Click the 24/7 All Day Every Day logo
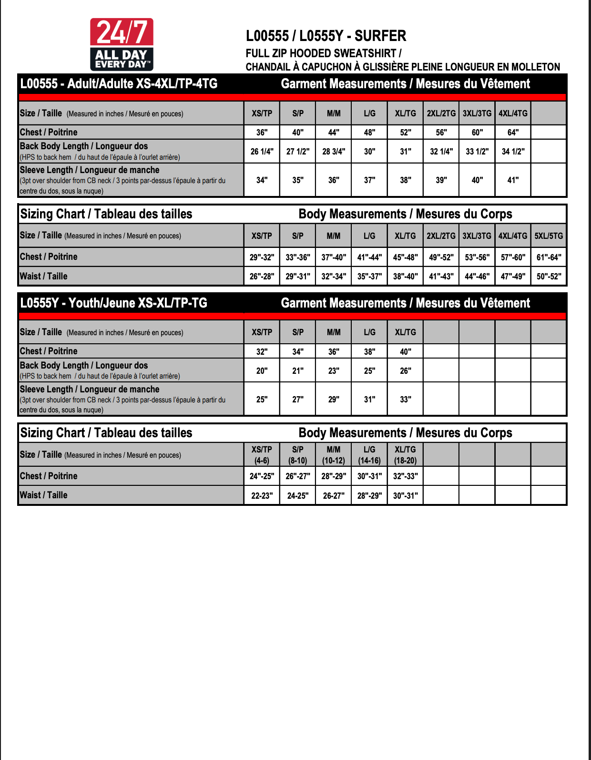(x=122, y=44)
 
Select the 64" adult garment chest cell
(x=513, y=132)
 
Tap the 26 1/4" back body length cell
(x=262, y=152)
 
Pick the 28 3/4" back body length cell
(x=334, y=152)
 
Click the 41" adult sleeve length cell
(x=513, y=180)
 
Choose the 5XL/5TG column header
(x=549, y=236)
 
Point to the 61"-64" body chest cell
(x=549, y=257)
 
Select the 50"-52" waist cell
(x=549, y=276)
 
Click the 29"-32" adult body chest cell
(x=262, y=257)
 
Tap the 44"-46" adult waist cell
(x=477, y=276)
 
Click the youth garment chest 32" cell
(x=262, y=351)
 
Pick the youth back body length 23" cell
(x=334, y=370)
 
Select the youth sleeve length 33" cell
(x=406, y=399)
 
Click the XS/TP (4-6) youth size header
(x=262, y=455)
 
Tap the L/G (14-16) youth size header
(x=369, y=455)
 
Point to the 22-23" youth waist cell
(x=262, y=495)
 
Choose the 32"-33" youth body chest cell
(x=406, y=476)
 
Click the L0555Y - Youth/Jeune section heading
(x=114, y=303)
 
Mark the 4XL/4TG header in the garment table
(x=513, y=113)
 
